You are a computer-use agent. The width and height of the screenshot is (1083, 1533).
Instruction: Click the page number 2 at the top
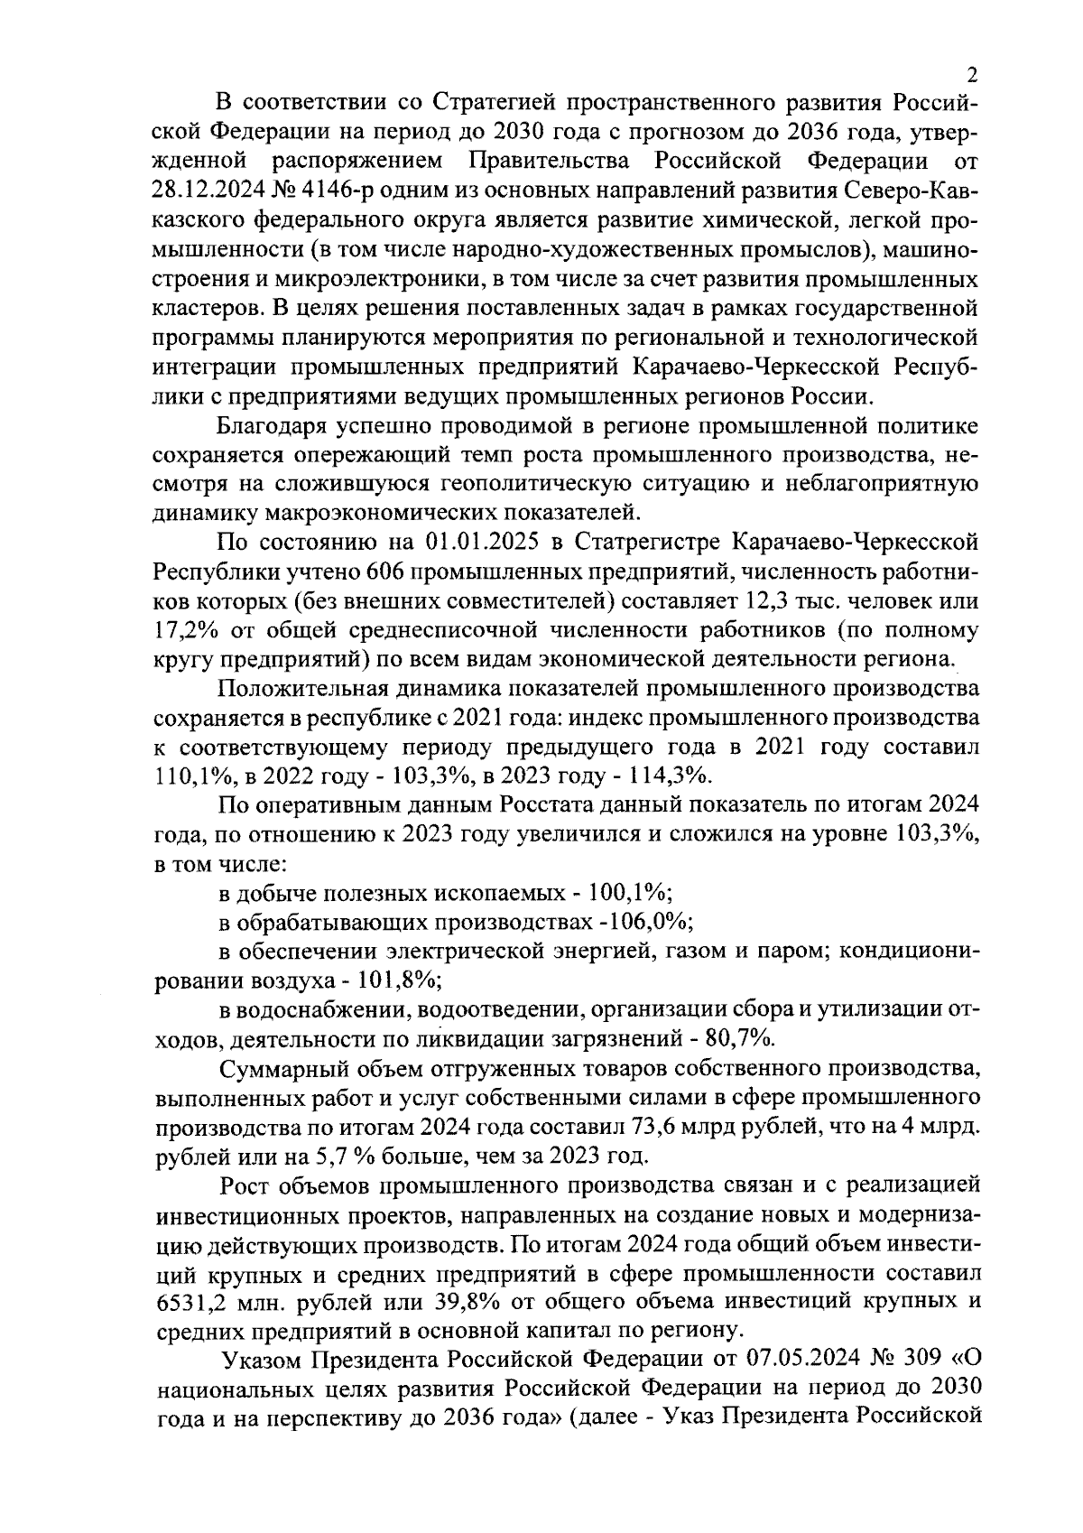971,75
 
